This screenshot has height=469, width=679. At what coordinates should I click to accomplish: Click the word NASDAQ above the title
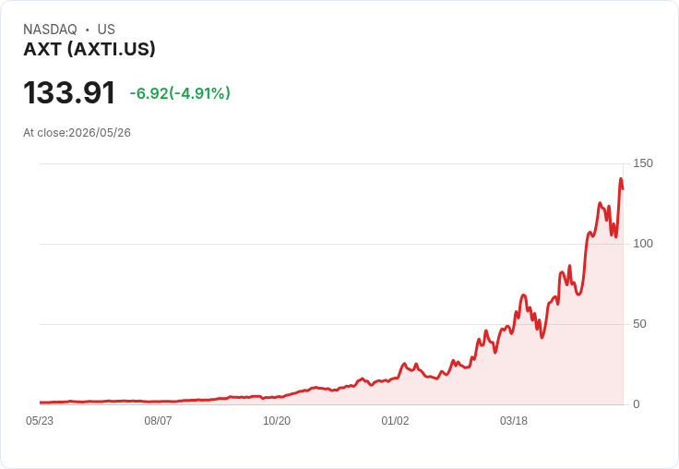click(50, 30)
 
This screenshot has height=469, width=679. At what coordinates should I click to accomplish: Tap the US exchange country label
click(106, 30)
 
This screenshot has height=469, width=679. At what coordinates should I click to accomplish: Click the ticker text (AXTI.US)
click(111, 50)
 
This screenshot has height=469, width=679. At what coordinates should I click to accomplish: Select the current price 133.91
click(69, 92)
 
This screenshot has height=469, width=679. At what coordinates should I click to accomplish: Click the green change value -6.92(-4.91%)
click(180, 93)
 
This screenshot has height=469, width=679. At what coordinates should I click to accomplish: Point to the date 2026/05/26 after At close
click(100, 133)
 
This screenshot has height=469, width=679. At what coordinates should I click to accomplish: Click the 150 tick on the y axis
click(643, 163)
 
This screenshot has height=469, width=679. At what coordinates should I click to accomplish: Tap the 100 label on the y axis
click(643, 244)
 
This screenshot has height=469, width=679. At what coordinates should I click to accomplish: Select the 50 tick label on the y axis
click(639, 324)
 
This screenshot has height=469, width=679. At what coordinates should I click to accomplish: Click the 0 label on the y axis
click(637, 404)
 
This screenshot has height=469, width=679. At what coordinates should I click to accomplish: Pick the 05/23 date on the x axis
click(40, 421)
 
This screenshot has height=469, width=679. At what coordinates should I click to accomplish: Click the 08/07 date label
click(158, 421)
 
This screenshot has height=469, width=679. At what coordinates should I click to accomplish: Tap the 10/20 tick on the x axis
click(277, 421)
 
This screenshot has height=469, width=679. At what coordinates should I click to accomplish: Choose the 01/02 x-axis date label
click(395, 421)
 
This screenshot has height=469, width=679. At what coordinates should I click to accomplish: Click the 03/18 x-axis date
click(514, 421)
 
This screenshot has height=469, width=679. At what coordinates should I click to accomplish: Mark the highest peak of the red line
click(621, 178)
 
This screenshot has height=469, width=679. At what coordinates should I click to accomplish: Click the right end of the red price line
click(623, 188)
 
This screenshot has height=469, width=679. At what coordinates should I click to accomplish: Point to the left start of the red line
click(41, 403)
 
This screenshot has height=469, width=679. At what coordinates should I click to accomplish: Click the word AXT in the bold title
click(42, 50)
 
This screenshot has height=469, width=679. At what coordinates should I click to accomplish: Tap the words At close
click(44, 133)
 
